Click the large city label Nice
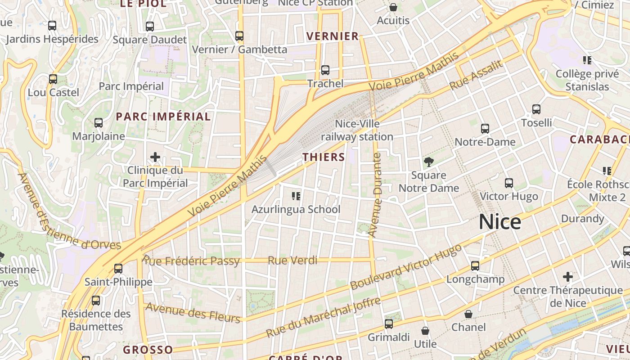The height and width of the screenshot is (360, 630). pyautogui.click(x=499, y=222)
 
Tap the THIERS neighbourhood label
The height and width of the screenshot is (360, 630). pyautogui.click(x=324, y=157)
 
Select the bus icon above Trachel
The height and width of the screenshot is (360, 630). pyautogui.click(x=325, y=70)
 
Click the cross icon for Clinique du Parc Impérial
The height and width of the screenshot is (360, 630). pyautogui.click(x=155, y=157)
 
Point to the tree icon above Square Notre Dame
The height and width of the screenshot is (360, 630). pyautogui.click(x=428, y=162)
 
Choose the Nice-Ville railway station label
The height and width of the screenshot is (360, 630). pyautogui.click(x=357, y=130)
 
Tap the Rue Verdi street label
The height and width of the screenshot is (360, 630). pyautogui.click(x=292, y=261)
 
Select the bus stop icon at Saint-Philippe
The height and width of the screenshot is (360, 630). pyautogui.click(x=118, y=269)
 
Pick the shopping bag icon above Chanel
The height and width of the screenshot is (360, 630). pyautogui.click(x=468, y=314)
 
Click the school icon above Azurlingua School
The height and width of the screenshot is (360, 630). pyautogui.click(x=296, y=196)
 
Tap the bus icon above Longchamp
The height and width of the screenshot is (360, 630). pyautogui.click(x=475, y=266)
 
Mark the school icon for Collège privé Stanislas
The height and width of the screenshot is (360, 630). pyautogui.click(x=587, y=60)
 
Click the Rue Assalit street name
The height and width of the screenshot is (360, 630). pyautogui.click(x=476, y=75)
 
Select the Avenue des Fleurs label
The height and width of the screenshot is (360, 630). pyautogui.click(x=193, y=312)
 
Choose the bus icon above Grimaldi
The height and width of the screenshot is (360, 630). pyautogui.click(x=388, y=324)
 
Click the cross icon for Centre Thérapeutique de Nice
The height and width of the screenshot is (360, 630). pyautogui.click(x=568, y=276)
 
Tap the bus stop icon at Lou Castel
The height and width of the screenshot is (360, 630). pyautogui.click(x=53, y=79)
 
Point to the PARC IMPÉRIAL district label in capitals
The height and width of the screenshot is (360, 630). pyautogui.click(x=163, y=117)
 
